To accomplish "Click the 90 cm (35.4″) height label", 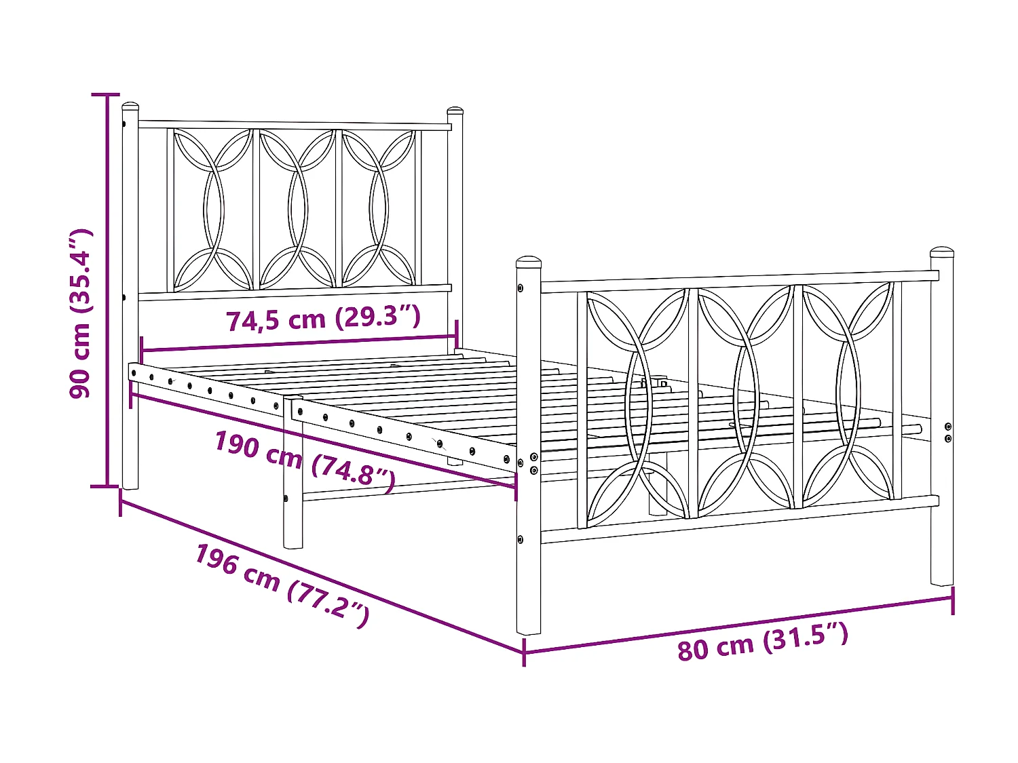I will click(80, 313).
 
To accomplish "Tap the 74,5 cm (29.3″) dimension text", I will click(323, 318).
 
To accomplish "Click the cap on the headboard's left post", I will click(130, 106).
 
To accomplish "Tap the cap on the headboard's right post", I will click(455, 110).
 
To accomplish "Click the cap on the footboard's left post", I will click(528, 262).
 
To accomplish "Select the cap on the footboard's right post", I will click(942, 252).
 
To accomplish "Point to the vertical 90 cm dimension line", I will click(106, 292).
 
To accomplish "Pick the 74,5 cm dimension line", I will click(299, 343).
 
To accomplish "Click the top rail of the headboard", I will click(295, 125).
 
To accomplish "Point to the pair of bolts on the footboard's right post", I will click(948, 433).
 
